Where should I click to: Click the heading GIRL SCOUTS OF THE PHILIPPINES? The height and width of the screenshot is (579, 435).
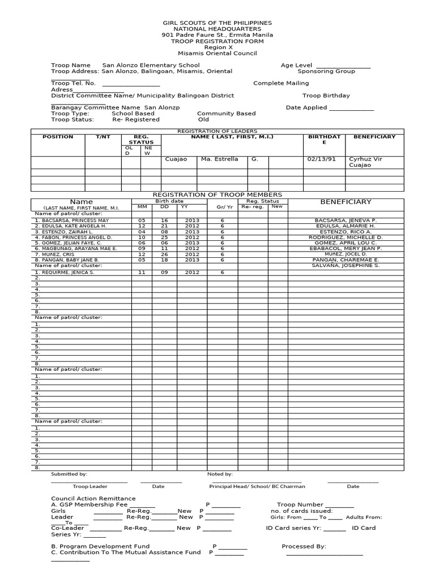(217, 23)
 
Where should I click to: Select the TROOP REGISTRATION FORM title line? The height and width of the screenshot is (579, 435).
(217, 41)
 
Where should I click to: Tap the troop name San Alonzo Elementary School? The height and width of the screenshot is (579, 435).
(151, 66)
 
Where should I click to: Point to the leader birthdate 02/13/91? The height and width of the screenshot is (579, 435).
(321, 159)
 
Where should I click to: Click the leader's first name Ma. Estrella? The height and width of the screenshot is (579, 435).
(219, 159)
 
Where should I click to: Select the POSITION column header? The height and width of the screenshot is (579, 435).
(58, 137)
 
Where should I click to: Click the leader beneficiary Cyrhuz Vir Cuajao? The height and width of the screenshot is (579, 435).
(366, 162)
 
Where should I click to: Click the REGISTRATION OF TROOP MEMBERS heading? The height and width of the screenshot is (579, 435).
(217, 195)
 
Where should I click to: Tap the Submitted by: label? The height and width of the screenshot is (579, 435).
(69, 474)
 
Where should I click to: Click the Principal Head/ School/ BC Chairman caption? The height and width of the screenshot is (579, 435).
(257, 486)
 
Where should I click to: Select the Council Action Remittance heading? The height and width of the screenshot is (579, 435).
(93, 498)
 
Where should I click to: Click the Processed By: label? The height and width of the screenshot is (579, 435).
(304, 547)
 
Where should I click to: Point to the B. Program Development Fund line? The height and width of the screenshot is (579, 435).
(100, 547)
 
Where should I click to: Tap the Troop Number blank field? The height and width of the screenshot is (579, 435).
(340, 504)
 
